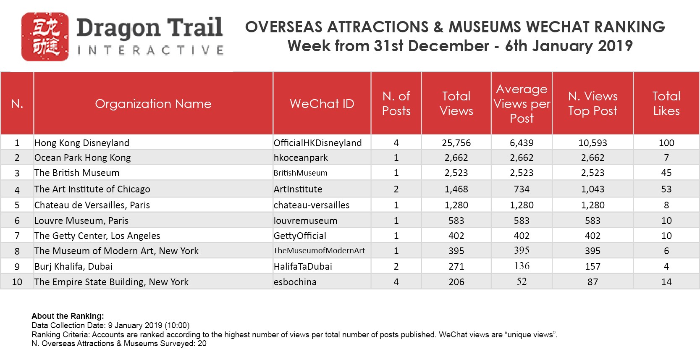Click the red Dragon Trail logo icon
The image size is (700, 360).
point(45,37)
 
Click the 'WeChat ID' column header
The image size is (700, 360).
point(322,104)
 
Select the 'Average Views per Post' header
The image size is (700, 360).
point(522,104)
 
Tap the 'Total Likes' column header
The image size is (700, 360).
point(666,104)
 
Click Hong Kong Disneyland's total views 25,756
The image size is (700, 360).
point(456,143)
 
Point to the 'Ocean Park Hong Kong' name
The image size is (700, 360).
point(83,158)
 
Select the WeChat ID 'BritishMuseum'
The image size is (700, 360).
point(300,173)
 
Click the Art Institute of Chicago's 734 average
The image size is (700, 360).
point(522,189)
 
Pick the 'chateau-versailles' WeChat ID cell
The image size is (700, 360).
point(312,205)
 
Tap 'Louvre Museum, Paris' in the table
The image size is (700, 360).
point(81,221)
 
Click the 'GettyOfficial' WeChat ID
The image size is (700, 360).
point(300,236)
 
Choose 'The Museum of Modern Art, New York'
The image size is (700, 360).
point(116,251)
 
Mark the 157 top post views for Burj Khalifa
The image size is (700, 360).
point(593,266)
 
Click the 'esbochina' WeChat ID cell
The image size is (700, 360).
point(295,282)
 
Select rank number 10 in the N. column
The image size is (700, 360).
point(17,282)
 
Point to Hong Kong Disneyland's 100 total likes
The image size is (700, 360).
point(666,143)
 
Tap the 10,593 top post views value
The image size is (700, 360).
point(593,143)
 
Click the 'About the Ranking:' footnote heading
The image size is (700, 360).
point(68,316)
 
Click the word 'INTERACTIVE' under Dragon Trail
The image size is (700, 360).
point(150,51)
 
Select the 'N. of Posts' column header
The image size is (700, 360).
point(396,104)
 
